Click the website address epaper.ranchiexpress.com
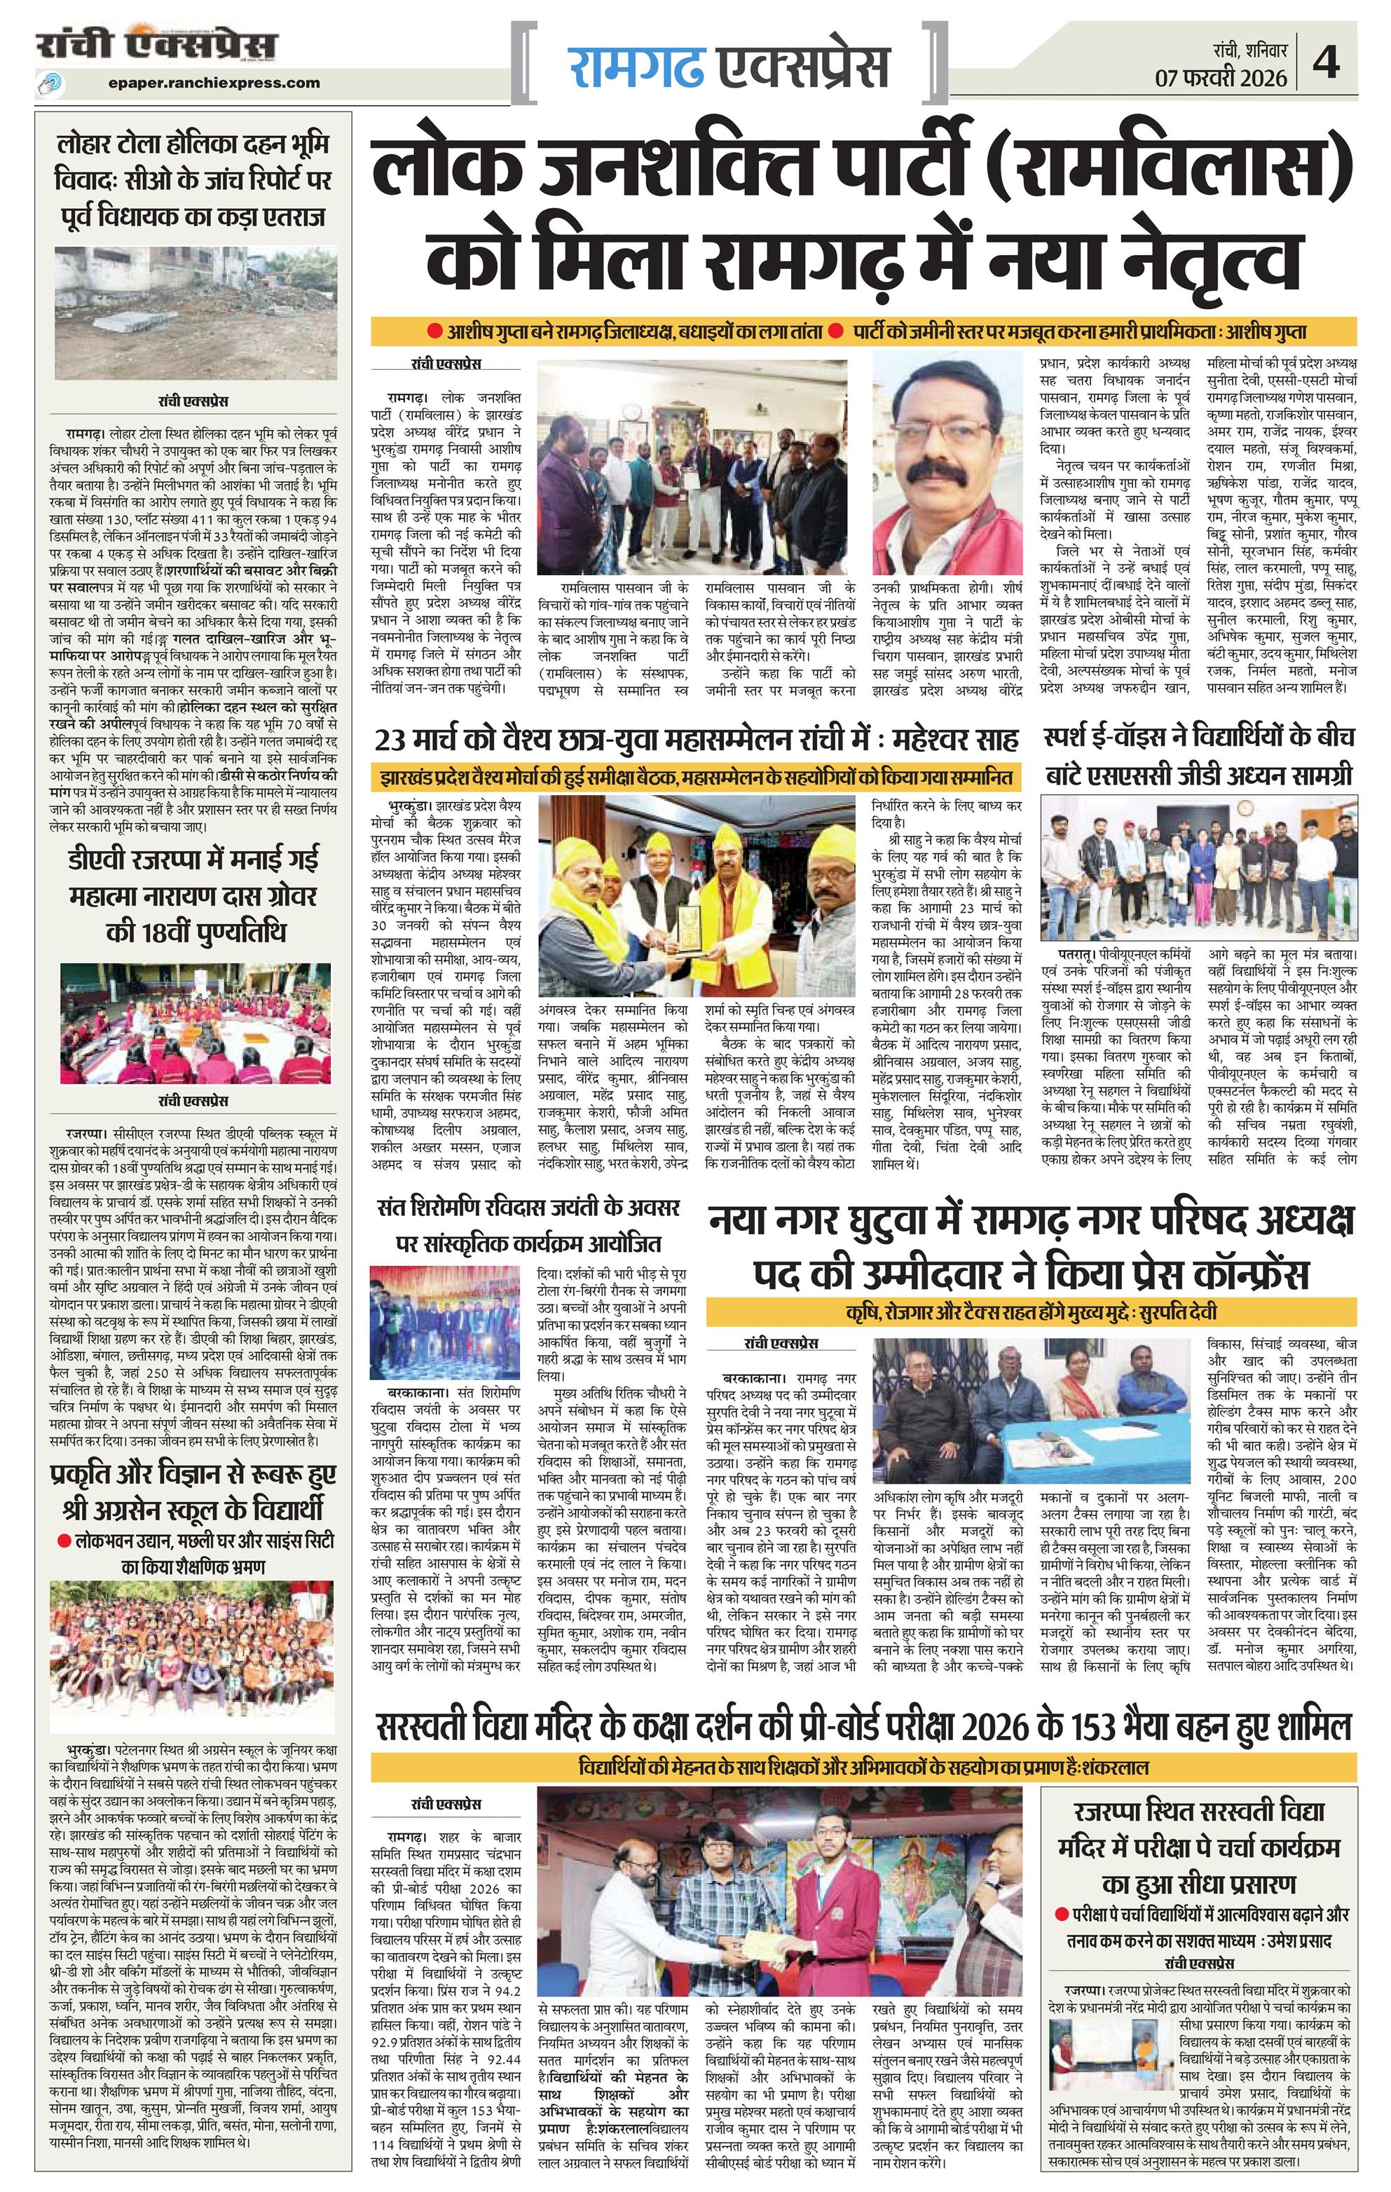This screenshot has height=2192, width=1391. (213, 83)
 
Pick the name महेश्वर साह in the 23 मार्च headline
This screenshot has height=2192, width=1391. (956, 736)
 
